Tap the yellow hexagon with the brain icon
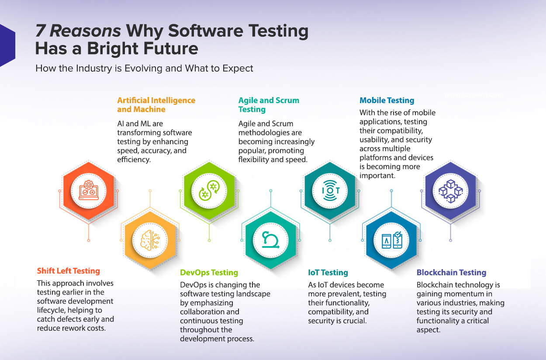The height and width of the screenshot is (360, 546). point(150,239)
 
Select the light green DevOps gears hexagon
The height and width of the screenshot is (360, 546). point(209,190)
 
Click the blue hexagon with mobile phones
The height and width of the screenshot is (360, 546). point(391,239)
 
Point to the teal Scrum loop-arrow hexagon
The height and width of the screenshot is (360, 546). point(270,239)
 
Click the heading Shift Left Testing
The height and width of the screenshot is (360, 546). point(69,271)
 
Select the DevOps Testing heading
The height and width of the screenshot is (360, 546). point(209,273)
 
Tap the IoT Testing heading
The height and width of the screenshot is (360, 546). point(328,273)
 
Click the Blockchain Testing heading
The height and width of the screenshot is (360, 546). point(451,273)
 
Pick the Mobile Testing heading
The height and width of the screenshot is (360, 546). point(387,100)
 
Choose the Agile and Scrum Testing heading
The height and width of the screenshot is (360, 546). point(269,105)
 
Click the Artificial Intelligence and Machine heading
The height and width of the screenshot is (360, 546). point(156,105)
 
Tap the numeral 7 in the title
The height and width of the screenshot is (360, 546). point(40,31)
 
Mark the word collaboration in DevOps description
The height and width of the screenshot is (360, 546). point(210,312)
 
